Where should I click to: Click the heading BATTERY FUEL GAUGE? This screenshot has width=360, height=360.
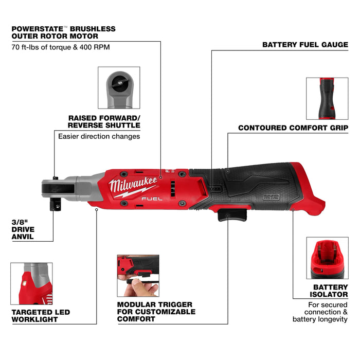[305, 45]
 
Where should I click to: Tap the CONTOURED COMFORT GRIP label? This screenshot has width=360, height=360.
[293, 128]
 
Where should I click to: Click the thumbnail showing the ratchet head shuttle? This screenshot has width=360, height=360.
[119, 87]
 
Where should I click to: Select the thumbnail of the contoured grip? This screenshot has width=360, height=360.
[327, 98]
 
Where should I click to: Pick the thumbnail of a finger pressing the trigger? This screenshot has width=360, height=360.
[137, 275]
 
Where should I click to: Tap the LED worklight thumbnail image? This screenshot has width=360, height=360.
[31, 283]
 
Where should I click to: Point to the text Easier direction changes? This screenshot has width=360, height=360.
[99, 136]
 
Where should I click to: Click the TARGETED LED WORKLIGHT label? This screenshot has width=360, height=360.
[40, 316]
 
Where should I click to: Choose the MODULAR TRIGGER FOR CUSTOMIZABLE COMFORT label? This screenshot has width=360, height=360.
[156, 312]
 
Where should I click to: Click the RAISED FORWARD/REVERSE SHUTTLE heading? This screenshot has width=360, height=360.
[104, 121]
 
